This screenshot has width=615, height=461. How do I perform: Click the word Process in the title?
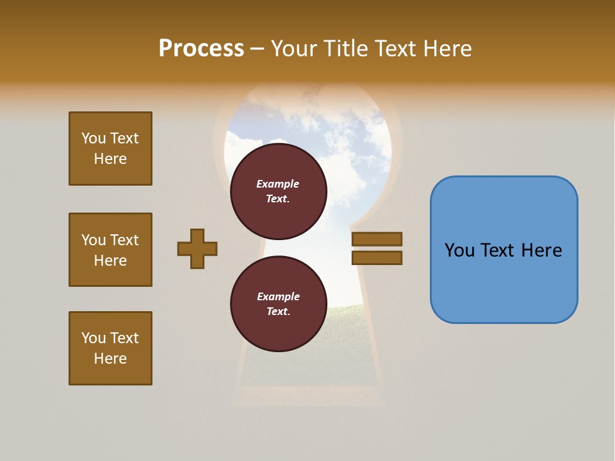pyautogui.click(x=201, y=49)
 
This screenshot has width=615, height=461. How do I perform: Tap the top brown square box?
pyautogui.click(x=110, y=149)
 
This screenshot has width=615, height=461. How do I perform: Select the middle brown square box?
pyautogui.click(x=110, y=250)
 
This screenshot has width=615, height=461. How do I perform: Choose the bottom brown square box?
pyautogui.click(x=110, y=348)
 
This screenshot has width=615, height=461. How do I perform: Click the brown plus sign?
pyautogui.click(x=197, y=248)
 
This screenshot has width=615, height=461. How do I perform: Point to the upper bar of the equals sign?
pyautogui.click(x=377, y=239)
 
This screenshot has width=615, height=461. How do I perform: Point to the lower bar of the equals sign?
pyautogui.click(x=377, y=257)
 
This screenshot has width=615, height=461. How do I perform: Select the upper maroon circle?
pyautogui.click(x=278, y=191)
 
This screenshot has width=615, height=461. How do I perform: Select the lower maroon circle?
pyautogui.click(x=278, y=303)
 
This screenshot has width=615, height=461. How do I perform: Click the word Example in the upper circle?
pyautogui.click(x=278, y=184)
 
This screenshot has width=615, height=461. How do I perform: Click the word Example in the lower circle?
pyautogui.click(x=278, y=296)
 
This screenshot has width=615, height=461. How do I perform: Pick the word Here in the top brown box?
pyautogui.click(x=110, y=159)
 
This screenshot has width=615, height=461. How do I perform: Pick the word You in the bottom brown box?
pyautogui.click(x=94, y=338)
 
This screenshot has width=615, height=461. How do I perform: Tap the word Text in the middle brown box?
pyautogui.click(x=124, y=240)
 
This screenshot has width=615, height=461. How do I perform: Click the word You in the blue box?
pyautogui.click(x=460, y=250)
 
